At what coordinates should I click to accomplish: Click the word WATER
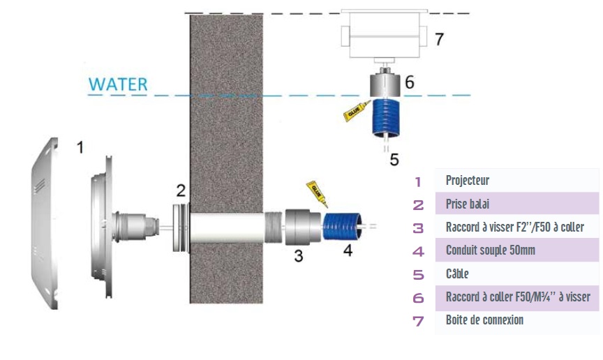coord(118,84)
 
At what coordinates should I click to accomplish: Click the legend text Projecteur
coord(467,181)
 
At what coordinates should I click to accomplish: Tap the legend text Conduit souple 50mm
coord(491,250)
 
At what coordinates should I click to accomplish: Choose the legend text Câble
coord(457,274)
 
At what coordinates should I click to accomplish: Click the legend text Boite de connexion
coord(484,320)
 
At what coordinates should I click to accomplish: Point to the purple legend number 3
coord(418,228)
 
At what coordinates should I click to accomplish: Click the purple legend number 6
coord(418,298)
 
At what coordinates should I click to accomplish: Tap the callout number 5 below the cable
coord(394,160)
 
